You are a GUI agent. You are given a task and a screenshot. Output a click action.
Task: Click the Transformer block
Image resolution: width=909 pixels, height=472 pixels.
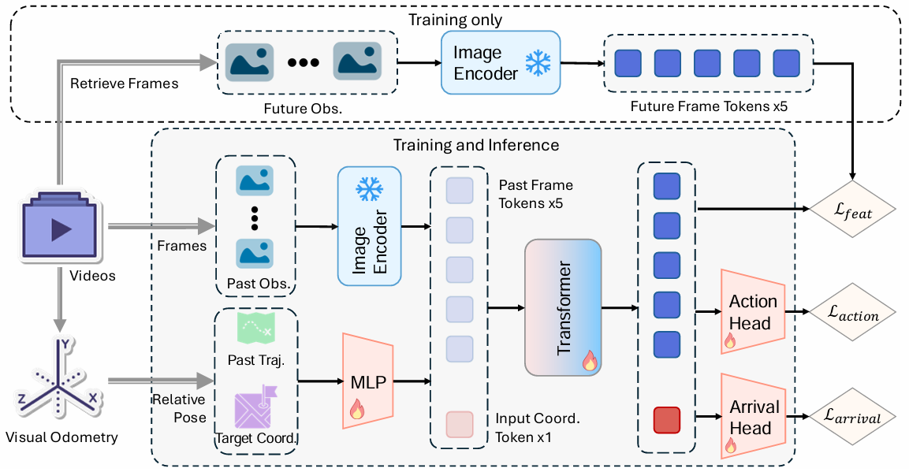pyautogui.click(x=563, y=307)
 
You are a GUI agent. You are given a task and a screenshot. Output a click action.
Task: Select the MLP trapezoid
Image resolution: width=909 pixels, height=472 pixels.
pyautogui.click(x=368, y=381)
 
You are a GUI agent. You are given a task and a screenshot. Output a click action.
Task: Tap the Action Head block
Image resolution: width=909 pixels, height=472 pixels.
pyautogui.click(x=752, y=312)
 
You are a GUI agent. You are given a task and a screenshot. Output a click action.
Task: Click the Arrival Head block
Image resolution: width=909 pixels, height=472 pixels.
pyautogui.click(x=752, y=418)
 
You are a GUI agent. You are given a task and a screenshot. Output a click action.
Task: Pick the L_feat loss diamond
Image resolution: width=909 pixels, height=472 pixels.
pyautogui.click(x=854, y=210)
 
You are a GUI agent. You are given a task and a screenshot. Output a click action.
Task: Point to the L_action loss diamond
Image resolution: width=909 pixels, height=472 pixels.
pyautogui.click(x=854, y=314)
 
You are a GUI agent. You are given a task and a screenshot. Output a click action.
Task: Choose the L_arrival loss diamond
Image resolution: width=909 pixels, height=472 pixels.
pyautogui.click(x=854, y=418)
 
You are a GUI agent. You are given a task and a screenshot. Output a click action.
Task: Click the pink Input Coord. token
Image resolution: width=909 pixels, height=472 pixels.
pyautogui.click(x=460, y=424)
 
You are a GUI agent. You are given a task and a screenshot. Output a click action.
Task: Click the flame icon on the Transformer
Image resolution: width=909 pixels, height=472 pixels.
pyautogui.click(x=589, y=361)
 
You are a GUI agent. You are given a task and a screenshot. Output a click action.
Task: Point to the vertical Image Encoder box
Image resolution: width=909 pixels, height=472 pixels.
pyautogui.click(x=368, y=226)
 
